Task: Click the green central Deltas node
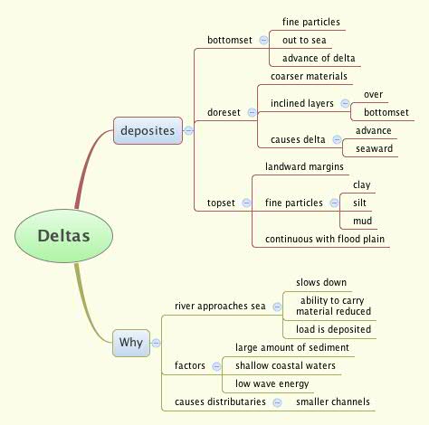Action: pos(63,236)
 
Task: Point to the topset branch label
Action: pos(221,203)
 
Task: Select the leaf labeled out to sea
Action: pos(304,40)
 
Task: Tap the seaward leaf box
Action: pos(375,148)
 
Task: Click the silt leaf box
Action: pos(361,203)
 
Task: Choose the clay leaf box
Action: pos(361,184)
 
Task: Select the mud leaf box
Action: pos(361,221)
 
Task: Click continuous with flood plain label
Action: pos(325,239)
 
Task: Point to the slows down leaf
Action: pos(320,282)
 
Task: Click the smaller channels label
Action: pos(332,401)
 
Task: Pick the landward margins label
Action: pos(303,166)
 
